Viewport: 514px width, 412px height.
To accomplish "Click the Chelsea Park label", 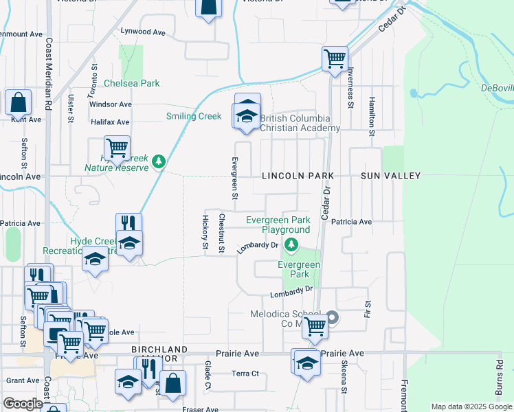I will pyautogui.click(x=131, y=83).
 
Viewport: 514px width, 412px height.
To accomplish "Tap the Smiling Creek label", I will pyautogui.click(x=194, y=116).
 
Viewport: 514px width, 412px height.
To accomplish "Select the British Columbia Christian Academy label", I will pyautogui.click(x=300, y=123).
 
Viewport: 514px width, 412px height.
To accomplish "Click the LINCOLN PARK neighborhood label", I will pyautogui.click(x=298, y=176).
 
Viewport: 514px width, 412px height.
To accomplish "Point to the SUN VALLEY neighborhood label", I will pyautogui.click(x=390, y=176).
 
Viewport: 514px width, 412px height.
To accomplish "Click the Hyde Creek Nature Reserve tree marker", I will pyautogui.click(x=159, y=162).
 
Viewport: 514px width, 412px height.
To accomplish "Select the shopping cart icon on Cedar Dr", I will pyautogui.click(x=335, y=58).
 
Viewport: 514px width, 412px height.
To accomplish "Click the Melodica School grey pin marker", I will pyautogui.click(x=333, y=317).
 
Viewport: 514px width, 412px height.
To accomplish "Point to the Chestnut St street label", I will pyautogui.click(x=221, y=233).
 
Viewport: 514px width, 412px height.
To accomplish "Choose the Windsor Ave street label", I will pyautogui.click(x=110, y=104).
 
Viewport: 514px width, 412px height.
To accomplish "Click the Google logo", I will pyautogui.click(x=22, y=404).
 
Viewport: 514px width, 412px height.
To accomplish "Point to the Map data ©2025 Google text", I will pyautogui.click(x=471, y=407).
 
